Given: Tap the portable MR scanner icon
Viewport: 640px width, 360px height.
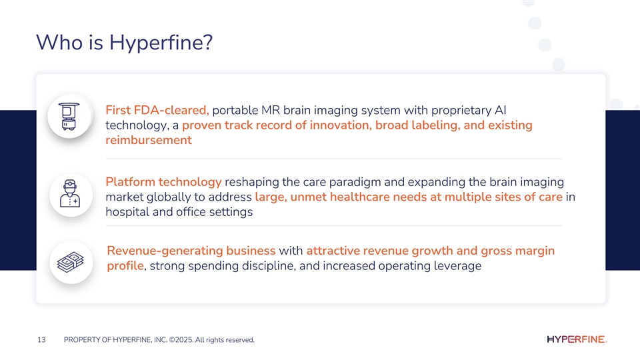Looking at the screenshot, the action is click(69, 116).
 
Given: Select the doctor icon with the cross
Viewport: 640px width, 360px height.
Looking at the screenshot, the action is click(70, 194).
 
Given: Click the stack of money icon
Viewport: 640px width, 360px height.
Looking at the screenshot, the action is click(71, 262).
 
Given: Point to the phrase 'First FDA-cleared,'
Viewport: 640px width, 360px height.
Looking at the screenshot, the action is click(157, 110).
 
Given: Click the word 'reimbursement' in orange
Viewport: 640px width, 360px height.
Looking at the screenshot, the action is click(149, 140).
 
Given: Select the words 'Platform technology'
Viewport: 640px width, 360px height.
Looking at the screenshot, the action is click(163, 182).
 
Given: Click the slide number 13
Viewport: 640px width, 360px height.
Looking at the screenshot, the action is click(41, 339).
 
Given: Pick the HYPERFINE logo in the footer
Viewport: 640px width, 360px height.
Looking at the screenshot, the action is click(576, 339).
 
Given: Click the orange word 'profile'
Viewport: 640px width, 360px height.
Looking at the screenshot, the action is click(125, 266).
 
